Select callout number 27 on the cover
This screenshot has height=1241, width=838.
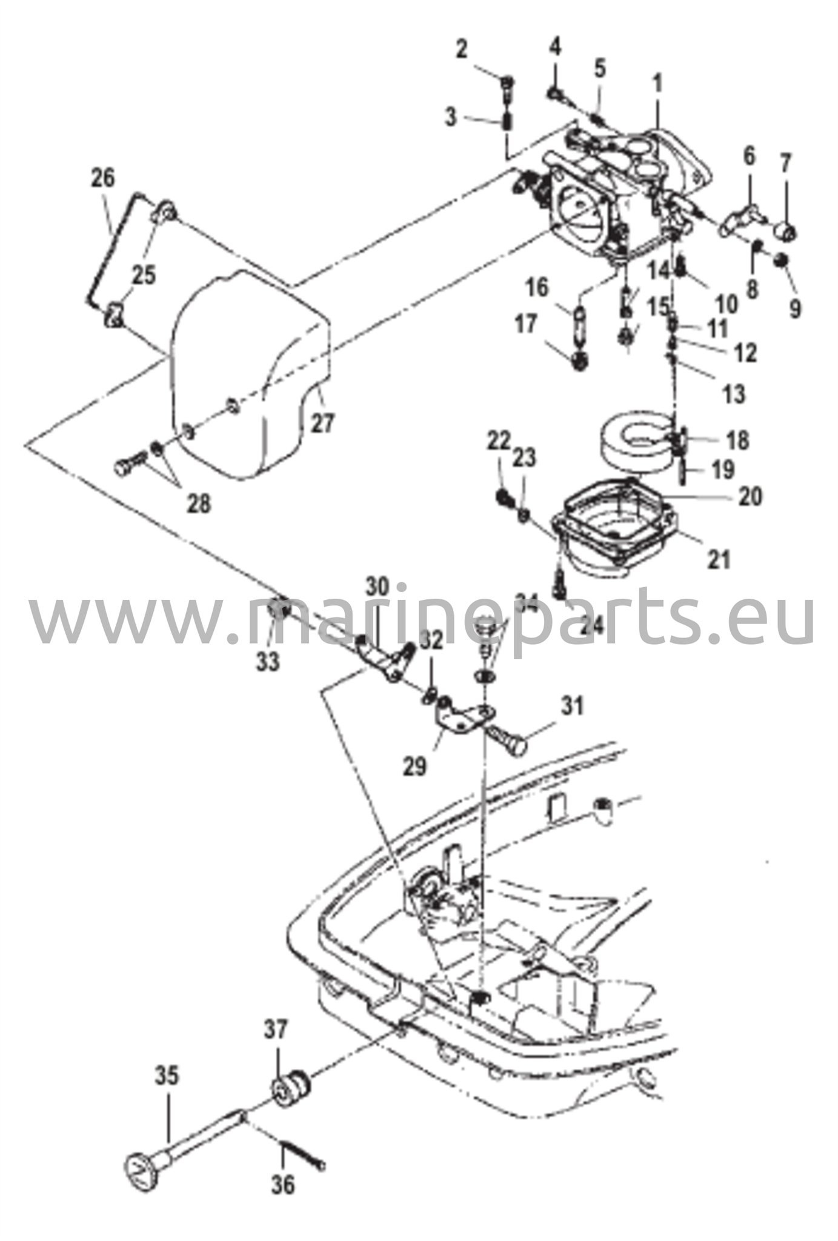pyautogui.click(x=323, y=422)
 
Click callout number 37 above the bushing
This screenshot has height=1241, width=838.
pyautogui.click(x=277, y=1028)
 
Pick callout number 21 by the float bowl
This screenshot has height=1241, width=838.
pyautogui.click(x=719, y=558)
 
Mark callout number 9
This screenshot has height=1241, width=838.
pyautogui.click(x=795, y=308)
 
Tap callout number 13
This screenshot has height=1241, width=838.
pyautogui.click(x=734, y=394)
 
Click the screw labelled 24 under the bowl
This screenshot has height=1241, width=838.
pyautogui.click(x=560, y=582)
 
